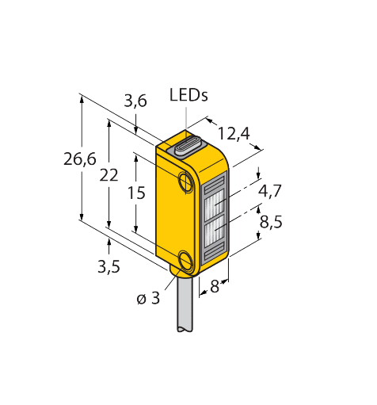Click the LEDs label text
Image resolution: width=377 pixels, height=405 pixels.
tap(188, 96)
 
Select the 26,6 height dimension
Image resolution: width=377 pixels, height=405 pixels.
tap(79, 159)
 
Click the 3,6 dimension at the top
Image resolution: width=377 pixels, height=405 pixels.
tap(135, 101)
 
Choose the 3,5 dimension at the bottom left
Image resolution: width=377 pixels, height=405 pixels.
tap(109, 266)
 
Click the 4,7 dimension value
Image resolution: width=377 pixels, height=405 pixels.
tap(269, 190)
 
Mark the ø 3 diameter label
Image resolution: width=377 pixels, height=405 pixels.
tap(148, 298)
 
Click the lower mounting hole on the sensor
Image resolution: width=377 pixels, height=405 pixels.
tap(186, 261)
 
